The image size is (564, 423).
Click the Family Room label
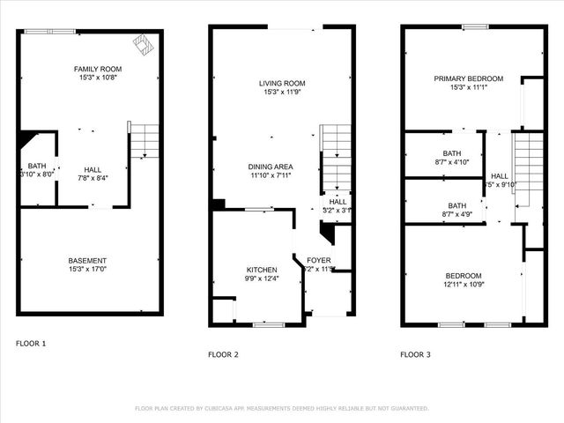[97, 69]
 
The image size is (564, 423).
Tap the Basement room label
[88, 261]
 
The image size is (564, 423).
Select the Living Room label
[281, 84]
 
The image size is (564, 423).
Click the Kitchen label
[262, 270]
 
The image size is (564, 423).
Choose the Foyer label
[318, 260]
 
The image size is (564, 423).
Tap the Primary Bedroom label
[468, 78]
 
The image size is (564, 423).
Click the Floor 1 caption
[32, 342]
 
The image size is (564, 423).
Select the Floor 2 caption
[223, 354]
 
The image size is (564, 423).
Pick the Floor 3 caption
[415, 354]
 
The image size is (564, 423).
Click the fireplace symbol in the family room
[140, 42]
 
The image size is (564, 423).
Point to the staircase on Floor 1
[145, 141]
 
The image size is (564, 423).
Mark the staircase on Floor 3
[529, 172]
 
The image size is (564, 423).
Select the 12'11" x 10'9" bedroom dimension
[463, 284]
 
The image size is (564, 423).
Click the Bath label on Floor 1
[36, 165]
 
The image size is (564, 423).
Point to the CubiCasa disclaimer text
[281, 408]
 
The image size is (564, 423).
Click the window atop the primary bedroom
[476, 27]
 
